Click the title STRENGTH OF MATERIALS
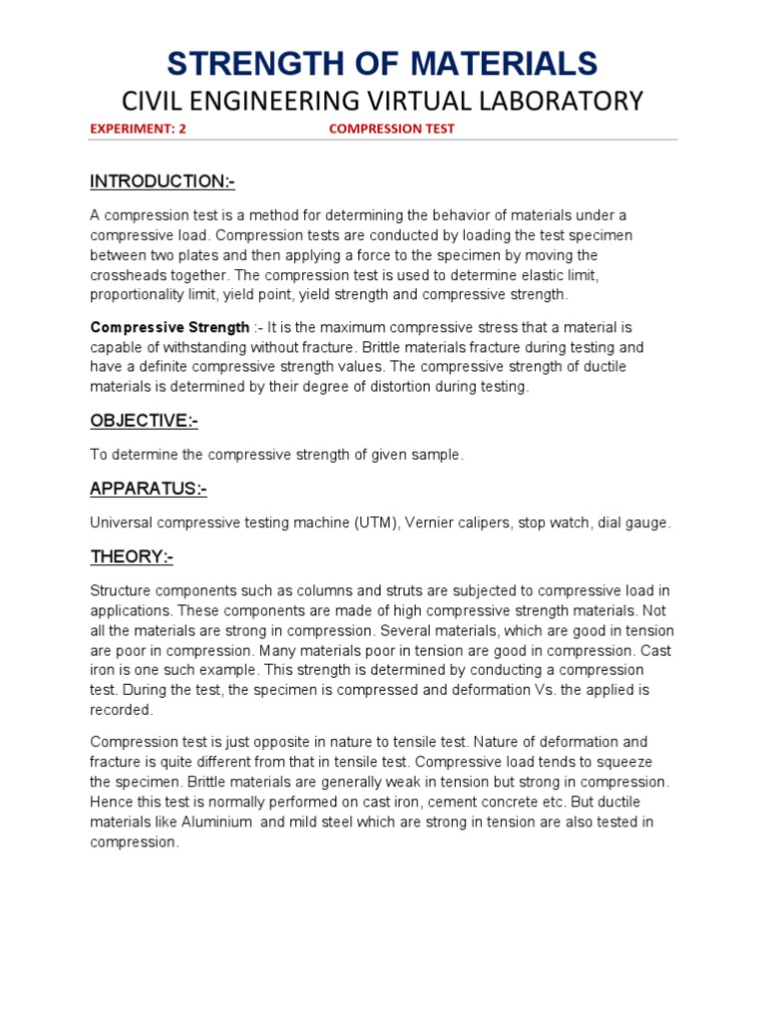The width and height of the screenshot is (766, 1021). [x=382, y=63]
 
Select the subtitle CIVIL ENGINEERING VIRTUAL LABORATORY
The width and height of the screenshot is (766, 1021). [x=382, y=101]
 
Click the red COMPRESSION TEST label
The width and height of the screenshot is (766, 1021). [x=392, y=129]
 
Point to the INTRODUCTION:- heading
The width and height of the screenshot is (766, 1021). [x=163, y=181]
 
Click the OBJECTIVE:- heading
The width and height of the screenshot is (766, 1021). [x=144, y=421]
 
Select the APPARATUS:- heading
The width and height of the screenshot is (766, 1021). [x=149, y=489]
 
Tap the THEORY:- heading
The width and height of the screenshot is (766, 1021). [x=132, y=556]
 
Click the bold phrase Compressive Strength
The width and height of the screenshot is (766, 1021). [x=171, y=327]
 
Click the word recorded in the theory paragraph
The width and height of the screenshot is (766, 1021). [x=121, y=710]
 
